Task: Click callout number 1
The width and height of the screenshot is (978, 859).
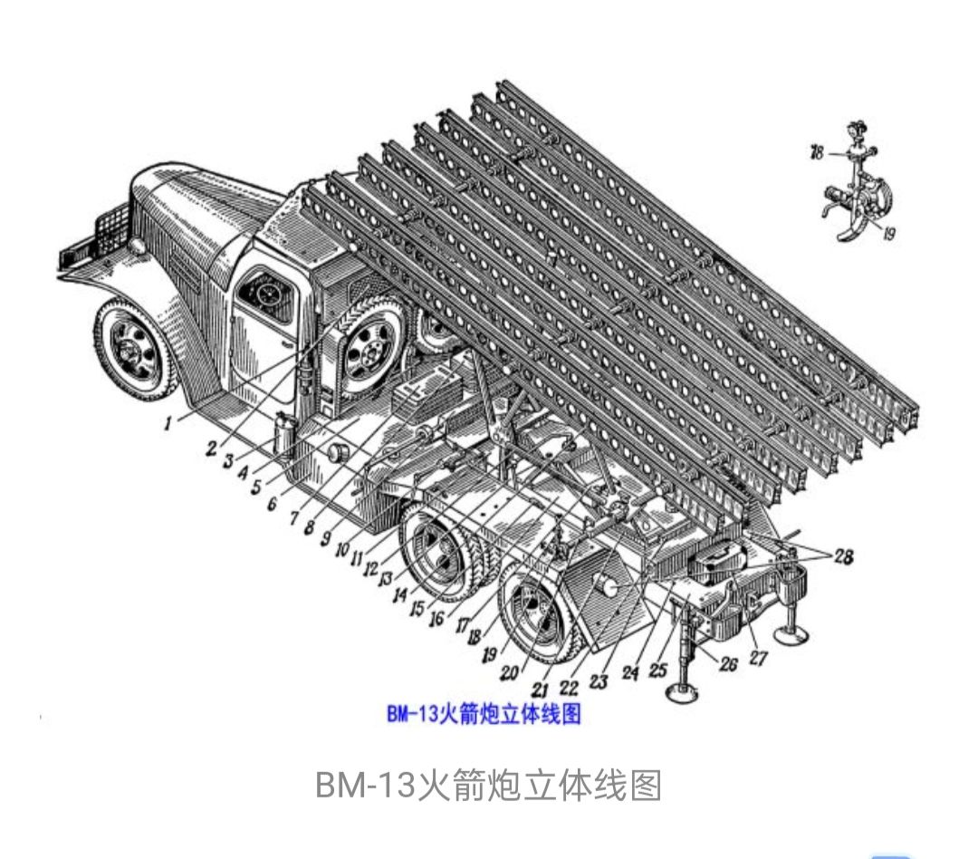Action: pos(168,424)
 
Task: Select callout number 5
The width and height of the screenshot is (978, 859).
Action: pos(255,487)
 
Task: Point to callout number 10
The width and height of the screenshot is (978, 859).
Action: pos(342,549)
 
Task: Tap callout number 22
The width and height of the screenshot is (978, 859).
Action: pos(569,688)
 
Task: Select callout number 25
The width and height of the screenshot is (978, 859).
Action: pos(658,671)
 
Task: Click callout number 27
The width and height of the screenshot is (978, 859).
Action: pos(758,657)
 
